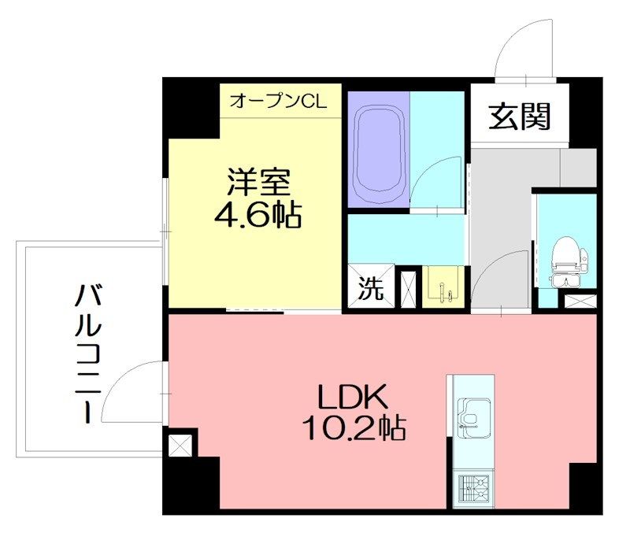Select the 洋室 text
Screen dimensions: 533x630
259,183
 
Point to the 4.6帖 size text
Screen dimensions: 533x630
259,215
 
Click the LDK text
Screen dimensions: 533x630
354,396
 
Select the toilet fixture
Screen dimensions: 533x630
565,260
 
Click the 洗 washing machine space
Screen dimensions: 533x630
371,289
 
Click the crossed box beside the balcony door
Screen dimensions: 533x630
180,446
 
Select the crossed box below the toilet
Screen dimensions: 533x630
581,300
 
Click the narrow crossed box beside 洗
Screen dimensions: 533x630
408,288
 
